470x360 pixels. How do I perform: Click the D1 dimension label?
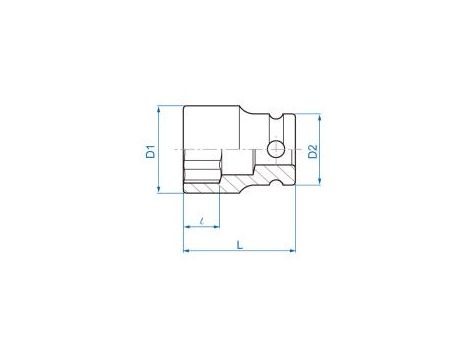click(x=151, y=151)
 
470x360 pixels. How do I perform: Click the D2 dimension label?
click(x=313, y=151)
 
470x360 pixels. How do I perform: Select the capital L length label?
click(x=240, y=245)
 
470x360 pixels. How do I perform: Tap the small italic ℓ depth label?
click(x=202, y=221)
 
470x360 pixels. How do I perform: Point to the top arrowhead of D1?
click(x=159, y=109)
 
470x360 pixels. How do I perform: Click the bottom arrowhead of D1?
click(x=159, y=189)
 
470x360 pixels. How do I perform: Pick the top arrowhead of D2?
click(x=320, y=117)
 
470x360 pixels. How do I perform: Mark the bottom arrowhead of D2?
click(x=320, y=181)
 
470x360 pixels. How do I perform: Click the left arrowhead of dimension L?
click(x=187, y=250)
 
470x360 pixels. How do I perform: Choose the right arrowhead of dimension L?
click(x=292, y=250)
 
